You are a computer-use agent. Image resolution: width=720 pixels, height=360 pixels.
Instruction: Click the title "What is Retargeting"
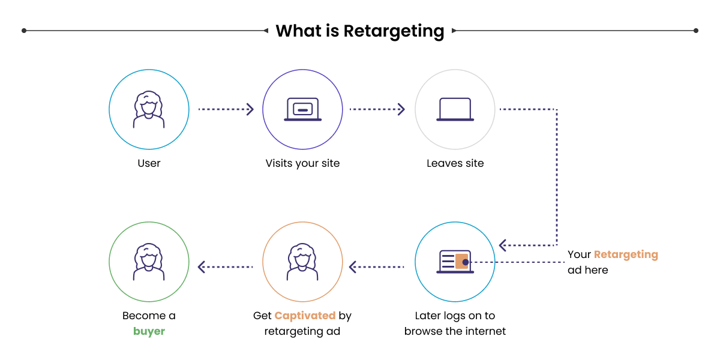360,31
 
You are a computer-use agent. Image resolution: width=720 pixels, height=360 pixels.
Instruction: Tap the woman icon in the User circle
149,109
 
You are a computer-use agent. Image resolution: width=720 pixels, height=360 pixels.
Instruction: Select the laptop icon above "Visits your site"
302,109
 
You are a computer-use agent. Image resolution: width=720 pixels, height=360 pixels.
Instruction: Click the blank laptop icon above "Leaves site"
455,109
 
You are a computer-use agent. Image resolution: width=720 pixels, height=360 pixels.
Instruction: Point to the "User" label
149,163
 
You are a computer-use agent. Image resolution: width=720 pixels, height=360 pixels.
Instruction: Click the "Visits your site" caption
302,163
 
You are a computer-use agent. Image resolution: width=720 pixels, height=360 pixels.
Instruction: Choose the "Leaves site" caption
455,163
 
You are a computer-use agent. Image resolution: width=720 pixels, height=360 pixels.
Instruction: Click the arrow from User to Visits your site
226,109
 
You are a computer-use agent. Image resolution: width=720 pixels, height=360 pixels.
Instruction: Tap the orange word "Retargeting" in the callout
626,254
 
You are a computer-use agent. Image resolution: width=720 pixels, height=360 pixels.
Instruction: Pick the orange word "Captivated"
305,316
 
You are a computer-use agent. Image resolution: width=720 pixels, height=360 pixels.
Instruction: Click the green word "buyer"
149,331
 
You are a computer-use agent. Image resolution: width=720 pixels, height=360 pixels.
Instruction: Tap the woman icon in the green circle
149,262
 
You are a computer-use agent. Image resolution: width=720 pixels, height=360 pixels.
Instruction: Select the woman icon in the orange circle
302,262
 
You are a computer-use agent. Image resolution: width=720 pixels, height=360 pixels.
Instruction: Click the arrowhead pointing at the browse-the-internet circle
503,245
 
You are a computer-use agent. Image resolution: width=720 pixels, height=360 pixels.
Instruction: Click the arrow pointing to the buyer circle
226,266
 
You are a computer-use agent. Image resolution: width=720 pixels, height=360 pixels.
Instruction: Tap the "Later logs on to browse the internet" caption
455,323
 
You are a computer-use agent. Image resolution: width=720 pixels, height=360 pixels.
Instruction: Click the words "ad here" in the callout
587,270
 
